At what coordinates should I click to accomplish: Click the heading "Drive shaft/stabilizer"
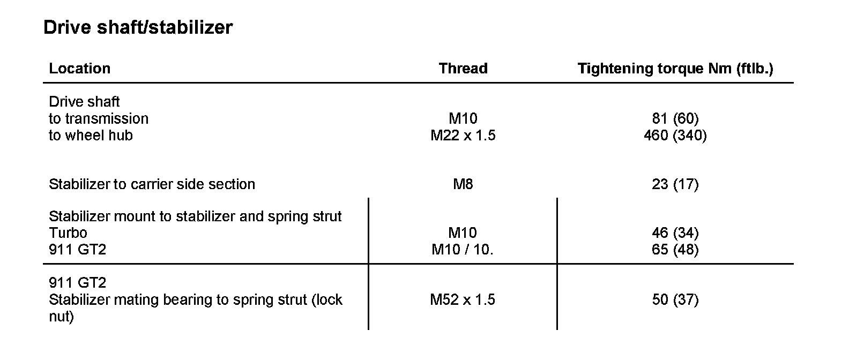[138, 27]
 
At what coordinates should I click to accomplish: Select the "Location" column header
[79, 69]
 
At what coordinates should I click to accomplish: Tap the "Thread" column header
[463, 69]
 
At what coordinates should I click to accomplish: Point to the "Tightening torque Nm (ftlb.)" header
[675, 69]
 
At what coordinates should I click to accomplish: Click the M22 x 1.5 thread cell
[463, 136]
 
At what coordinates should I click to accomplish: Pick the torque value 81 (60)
[675, 118]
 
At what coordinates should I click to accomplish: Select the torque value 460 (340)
[675, 136]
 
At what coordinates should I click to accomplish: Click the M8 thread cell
[463, 184]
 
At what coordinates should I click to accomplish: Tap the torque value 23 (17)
[675, 184]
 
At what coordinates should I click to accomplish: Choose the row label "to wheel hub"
[91, 136]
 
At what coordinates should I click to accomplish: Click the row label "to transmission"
[99, 118]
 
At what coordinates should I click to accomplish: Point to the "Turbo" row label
[68, 232]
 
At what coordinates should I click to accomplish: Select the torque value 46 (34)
[675, 232]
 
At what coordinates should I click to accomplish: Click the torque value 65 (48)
[675, 250]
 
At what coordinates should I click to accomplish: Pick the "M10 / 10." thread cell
[463, 250]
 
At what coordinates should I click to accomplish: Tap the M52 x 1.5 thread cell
[463, 299]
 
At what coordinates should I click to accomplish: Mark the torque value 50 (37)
[675, 299]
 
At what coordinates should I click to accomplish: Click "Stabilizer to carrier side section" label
[152, 184]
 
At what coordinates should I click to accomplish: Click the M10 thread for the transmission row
[463, 118]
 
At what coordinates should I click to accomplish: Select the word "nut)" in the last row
[61, 317]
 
